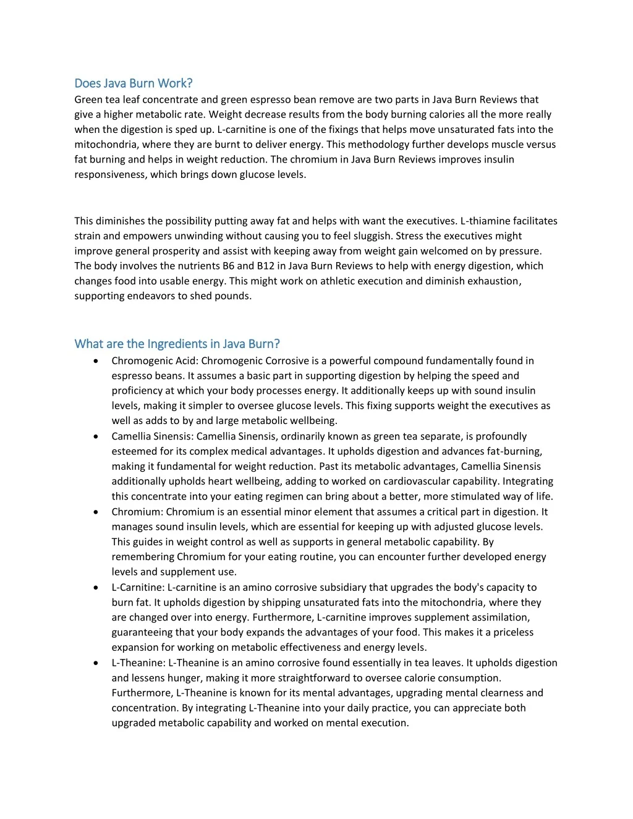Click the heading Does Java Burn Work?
(x=134, y=83)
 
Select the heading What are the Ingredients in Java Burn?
(x=177, y=344)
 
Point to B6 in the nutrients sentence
(x=229, y=266)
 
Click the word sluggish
(x=372, y=236)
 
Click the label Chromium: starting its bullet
(x=137, y=512)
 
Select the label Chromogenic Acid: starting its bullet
(x=155, y=361)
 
